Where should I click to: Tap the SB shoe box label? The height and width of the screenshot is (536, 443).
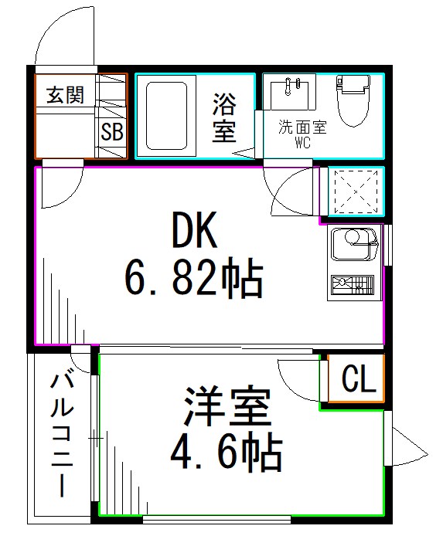coord(111,131)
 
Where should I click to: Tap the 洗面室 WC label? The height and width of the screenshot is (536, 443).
coord(302,132)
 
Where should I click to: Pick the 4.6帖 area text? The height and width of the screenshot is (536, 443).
coord(226,454)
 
